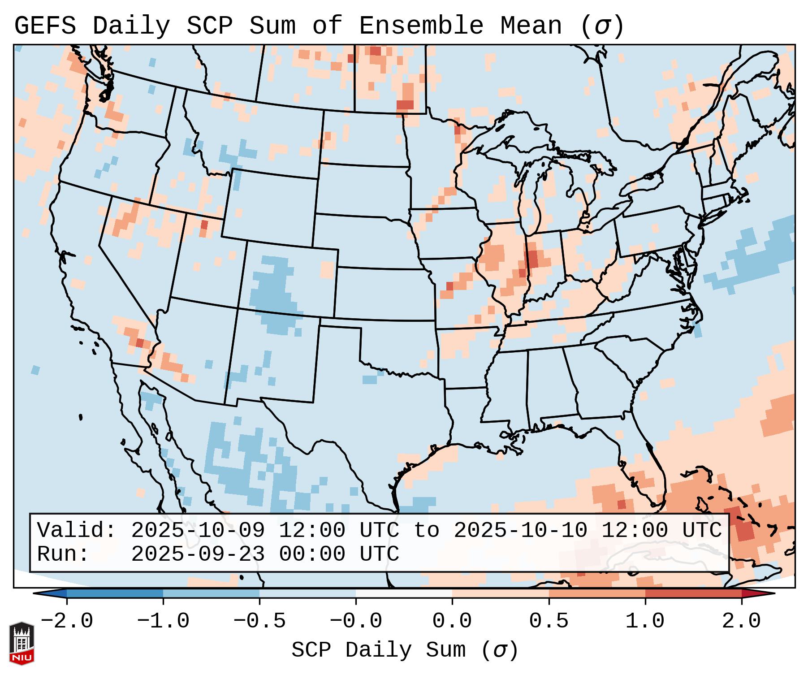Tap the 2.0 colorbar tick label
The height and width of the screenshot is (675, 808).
(741, 621)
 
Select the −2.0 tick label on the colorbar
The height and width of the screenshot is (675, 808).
(67, 621)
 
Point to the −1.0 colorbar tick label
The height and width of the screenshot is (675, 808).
(163, 621)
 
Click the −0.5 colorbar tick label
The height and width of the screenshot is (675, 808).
(259, 621)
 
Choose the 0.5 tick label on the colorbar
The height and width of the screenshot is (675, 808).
(549, 621)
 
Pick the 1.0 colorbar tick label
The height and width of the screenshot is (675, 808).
(645, 621)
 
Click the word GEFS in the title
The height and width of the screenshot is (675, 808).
(45, 26)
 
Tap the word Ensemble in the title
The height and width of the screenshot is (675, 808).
(421, 26)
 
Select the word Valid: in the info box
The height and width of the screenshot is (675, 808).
(77, 530)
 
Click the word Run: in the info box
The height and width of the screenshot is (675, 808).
(63, 554)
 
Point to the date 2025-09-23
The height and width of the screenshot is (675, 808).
(198, 554)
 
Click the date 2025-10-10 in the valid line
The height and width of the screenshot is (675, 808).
(520, 530)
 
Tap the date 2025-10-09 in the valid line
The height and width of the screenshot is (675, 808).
(198, 530)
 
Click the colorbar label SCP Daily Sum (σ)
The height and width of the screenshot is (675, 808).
(405, 650)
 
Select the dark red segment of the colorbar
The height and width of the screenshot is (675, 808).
(693, 593)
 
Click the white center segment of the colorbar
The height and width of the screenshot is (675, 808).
(404, 593)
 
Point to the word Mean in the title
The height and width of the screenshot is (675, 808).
(531, 26)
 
